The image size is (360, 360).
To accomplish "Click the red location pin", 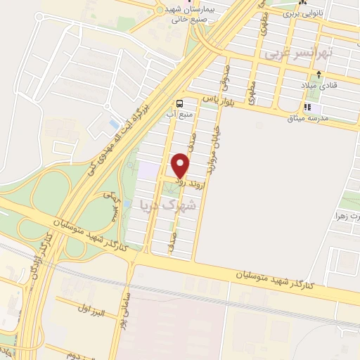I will click(181, 167).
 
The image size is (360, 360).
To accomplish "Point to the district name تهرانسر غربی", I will click(294, 53).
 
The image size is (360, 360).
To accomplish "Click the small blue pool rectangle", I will click(114, 124).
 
